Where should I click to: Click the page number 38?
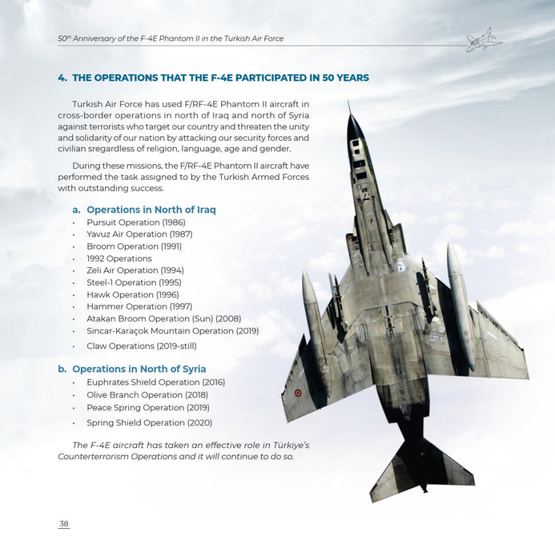point(64,524)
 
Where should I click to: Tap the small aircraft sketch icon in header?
point(484,39)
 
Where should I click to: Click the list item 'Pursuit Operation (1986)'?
point(135,222)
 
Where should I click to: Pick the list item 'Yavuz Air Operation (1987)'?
point(139,234)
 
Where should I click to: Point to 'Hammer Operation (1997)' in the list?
point(139,306)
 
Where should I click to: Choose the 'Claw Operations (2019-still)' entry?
point(141,346)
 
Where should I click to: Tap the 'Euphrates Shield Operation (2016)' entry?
point(155,382)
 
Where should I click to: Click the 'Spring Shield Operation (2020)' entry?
point(149,422)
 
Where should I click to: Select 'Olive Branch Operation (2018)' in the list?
point(147,394)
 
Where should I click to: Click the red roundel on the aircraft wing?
point(299,393)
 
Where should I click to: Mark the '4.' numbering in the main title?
point(62,78)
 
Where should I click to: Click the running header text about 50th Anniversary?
point(171,38)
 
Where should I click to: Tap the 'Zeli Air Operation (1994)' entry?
point(135,270)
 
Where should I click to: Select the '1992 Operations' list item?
point(119,258)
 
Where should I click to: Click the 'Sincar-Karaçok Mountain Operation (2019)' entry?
point(172,330)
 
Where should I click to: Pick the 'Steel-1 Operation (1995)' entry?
point(134,282)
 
